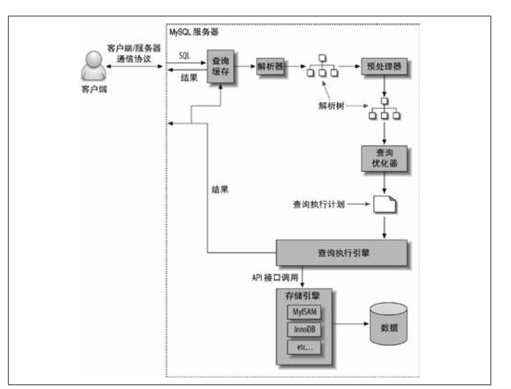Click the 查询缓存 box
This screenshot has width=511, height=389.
pyautogui.click(x=221, y=67)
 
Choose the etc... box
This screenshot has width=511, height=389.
pyautogui.click(x=304, y=347)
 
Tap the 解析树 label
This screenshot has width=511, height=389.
pyautogui.click(x=332, y=106)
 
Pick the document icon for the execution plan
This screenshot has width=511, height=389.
pyautogui.click(x=384, y=205)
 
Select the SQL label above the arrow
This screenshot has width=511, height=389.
pyautogui.click(x=183, y=55)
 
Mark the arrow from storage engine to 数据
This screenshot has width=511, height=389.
pyautogui.click(x=351, y=323)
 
